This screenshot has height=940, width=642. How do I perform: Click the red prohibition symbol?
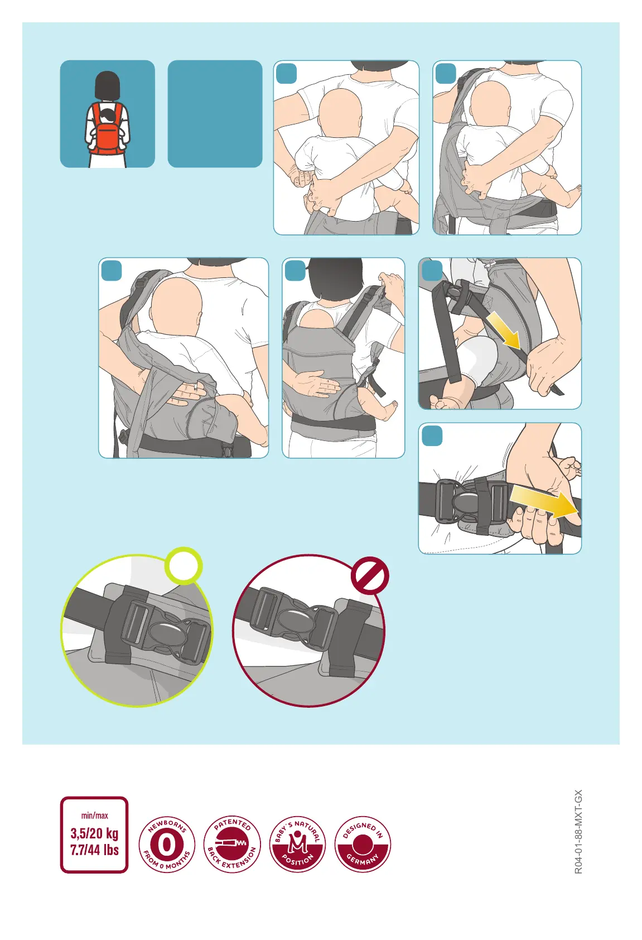coord(369,575)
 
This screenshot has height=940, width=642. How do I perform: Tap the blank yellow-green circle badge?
coord(184,565)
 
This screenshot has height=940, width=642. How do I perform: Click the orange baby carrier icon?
coord(107,128)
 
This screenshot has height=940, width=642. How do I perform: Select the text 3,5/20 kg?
coord(94,833)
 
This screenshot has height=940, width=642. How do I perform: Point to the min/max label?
coord(94,816)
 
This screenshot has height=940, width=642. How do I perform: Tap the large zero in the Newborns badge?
coord(167,845)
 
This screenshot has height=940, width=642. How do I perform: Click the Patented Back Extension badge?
coord(232,845)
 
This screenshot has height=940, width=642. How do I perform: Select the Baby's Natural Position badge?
coord(297,845)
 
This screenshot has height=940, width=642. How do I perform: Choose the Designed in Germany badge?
coord(363,845)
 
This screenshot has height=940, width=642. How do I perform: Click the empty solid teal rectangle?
coord(215,114)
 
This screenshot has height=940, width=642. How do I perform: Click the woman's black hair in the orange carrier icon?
coord(107,85)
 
